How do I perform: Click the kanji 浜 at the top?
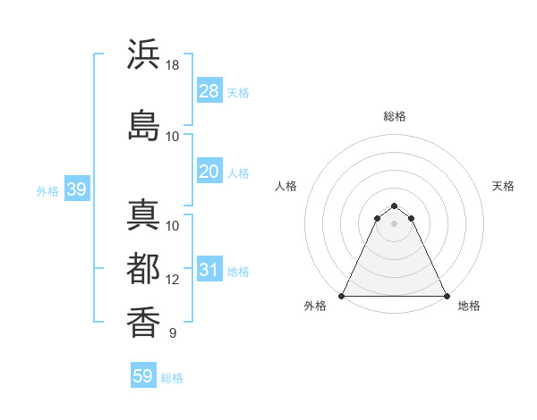coord(143,54)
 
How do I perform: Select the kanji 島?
coord(143,123)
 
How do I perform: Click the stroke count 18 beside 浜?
coord(173,66)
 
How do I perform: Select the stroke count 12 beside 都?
coord(173,280)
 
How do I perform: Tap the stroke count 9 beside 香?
coord(172,333)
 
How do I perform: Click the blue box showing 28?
coord(209,90)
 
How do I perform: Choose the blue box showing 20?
coord(209,172)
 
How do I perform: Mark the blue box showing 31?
coord(209,270)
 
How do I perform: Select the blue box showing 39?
coord(76,189)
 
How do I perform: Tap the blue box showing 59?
coord(143,376)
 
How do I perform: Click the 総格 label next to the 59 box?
coord(172,378)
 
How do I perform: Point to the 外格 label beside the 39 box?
coord(47,190)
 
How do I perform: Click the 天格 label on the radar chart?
coord(503,186)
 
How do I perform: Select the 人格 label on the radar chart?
coord(286,186)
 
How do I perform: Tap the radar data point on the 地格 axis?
coord(446,296)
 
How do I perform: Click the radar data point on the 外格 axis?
coord(342,296)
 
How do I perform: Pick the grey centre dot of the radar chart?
coord(394,223)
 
